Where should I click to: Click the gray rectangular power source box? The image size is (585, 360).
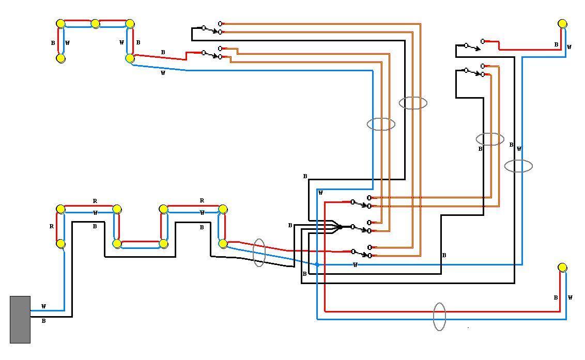[20, 319]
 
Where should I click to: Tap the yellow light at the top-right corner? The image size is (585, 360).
[562, 24]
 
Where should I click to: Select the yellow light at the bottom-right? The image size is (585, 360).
[562, 268]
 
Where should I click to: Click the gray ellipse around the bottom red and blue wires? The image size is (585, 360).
[439, 316]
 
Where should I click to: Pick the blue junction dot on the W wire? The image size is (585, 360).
[317, 264]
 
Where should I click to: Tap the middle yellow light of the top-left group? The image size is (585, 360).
[95, 24]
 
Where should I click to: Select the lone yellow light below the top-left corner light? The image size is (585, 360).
[60, 58]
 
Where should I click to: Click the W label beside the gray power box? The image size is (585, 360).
[43, 306]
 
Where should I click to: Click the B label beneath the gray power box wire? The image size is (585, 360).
[43, 321]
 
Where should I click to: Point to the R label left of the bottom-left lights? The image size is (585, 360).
[52, 226]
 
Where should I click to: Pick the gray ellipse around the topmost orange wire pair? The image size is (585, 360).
[413, 103]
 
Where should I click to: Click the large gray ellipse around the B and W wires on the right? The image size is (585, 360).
[518, 166]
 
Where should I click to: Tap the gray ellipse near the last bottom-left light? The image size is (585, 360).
[259, 253]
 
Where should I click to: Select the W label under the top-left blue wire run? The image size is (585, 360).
[163, 73]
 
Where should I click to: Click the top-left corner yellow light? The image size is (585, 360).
[60, 24]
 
